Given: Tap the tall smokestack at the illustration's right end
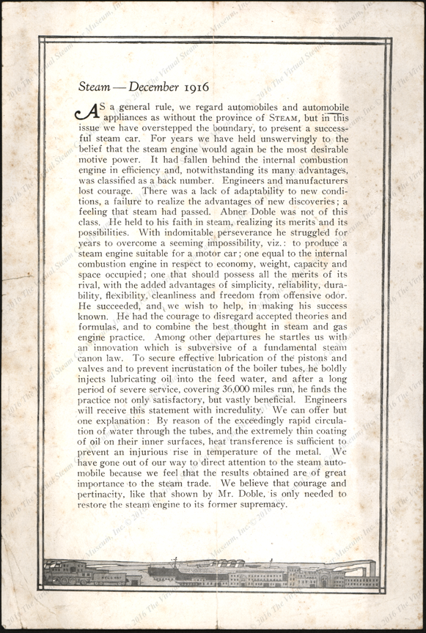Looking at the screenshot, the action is point(372,569).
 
